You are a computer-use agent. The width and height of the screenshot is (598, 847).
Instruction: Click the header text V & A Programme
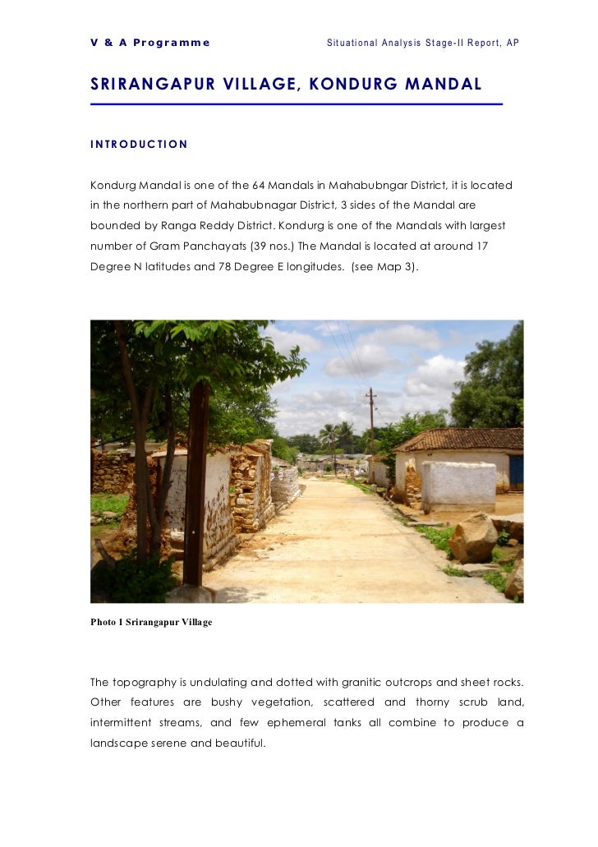click(150, 42)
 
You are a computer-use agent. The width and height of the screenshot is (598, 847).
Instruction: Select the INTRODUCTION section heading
click(139, 145)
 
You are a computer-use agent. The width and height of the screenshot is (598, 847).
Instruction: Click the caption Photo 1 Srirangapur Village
click(151, 622)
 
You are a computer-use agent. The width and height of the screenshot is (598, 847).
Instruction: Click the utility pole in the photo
click(371, 427)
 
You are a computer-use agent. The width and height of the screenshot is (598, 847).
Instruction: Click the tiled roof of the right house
click(460, 440)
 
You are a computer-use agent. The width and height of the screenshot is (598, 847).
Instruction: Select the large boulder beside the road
click(473, 537)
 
